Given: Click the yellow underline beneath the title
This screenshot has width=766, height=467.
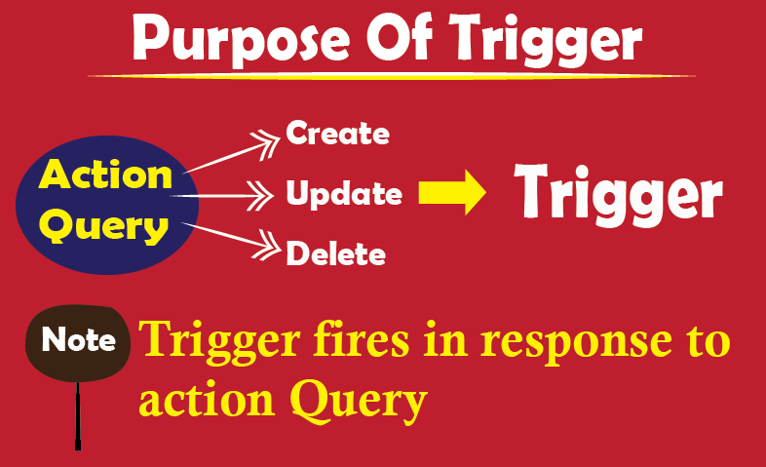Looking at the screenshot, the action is click(x=392, y=76).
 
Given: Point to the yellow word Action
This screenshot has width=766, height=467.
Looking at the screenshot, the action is click(x=105, y=174).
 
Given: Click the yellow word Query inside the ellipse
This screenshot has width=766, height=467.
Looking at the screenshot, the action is click(x=104, y=226).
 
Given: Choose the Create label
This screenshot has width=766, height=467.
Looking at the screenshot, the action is click(x=337, y=133).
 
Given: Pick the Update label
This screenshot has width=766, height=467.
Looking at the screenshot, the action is click(x=344, y=194).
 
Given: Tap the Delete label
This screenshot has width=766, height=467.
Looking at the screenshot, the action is click(x=335, y=253).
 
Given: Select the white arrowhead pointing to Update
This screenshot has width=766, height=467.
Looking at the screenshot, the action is click(x=260, y=195).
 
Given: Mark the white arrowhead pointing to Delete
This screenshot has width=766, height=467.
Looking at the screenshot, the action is click(x=267, y=246).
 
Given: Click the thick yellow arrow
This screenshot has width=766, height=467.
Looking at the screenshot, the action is click(x=452, y=192).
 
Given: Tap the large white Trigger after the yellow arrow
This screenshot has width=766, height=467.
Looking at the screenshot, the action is click(x=618, y=195).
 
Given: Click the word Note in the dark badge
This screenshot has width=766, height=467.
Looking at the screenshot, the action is click(x=79, y=339).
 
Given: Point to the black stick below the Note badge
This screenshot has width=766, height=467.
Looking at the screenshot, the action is click(x=78, y=415).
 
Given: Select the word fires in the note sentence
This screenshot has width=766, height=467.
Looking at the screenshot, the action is click(x=361, y=339).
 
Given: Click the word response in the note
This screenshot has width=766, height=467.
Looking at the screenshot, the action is click(x=577, y=343).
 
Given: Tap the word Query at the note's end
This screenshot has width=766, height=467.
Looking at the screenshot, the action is click(x=360, y=402).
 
